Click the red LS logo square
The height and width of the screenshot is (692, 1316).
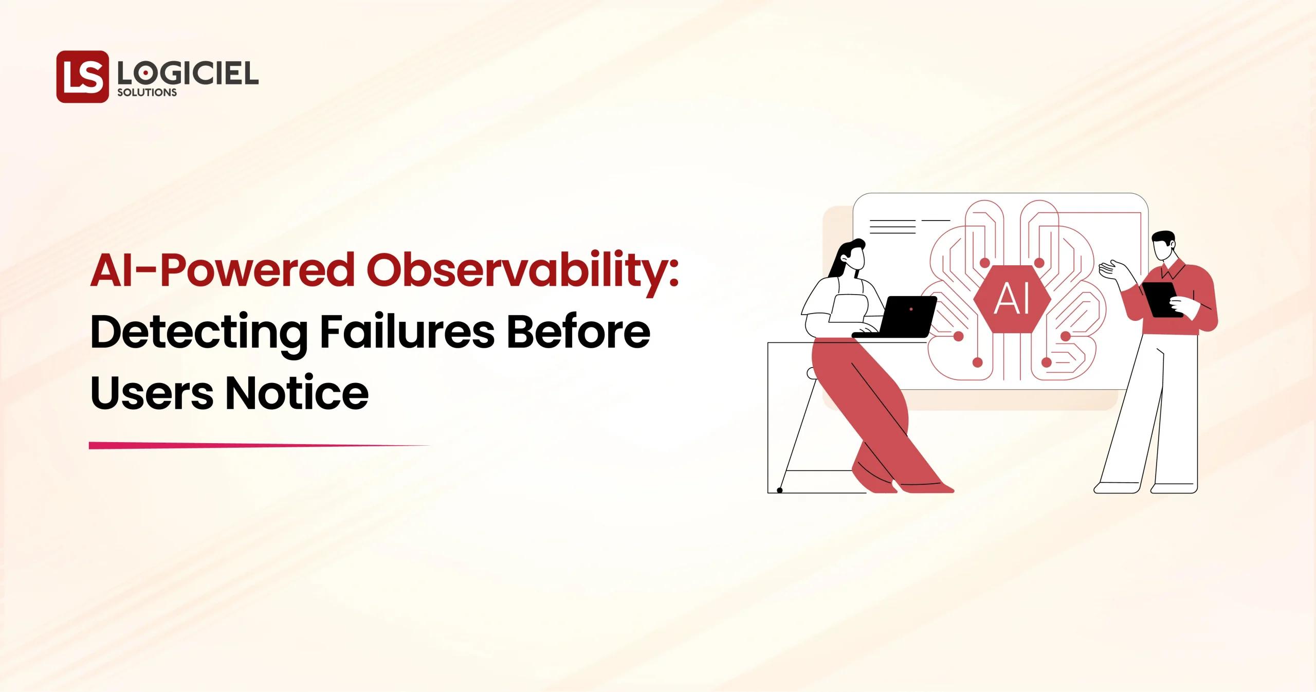click(82, 77)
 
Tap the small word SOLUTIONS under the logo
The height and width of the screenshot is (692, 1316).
click(147, 93)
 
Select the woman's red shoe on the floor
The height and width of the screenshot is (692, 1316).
click(925, 486)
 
